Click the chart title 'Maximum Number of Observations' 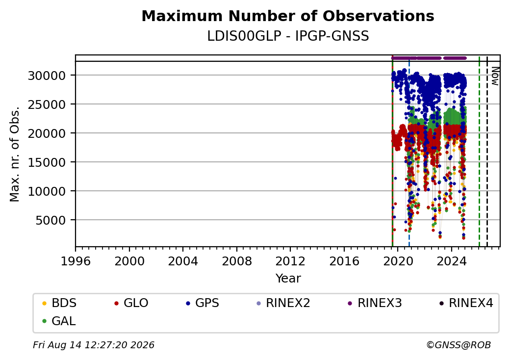coord(288,16)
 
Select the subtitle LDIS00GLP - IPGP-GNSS coord(288,36)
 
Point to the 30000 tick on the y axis coord(47,76)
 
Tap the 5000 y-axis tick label coord(51,221)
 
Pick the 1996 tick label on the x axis coord(76,261)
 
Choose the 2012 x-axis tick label coord(290,261)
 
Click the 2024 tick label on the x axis coord(451,261)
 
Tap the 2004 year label coord(183,261)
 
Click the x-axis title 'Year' coord(288,279)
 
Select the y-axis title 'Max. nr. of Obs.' coord(15,154)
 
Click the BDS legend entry coord(59,303)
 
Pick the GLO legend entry coord(131,303)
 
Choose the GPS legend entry coord(203,303)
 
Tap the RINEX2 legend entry coord(283,303)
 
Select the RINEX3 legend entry coord(375,303)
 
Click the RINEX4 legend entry coord(466,303)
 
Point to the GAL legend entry coord(59,321)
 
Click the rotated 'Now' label coord(495,76)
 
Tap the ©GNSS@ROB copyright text coord(459,345)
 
